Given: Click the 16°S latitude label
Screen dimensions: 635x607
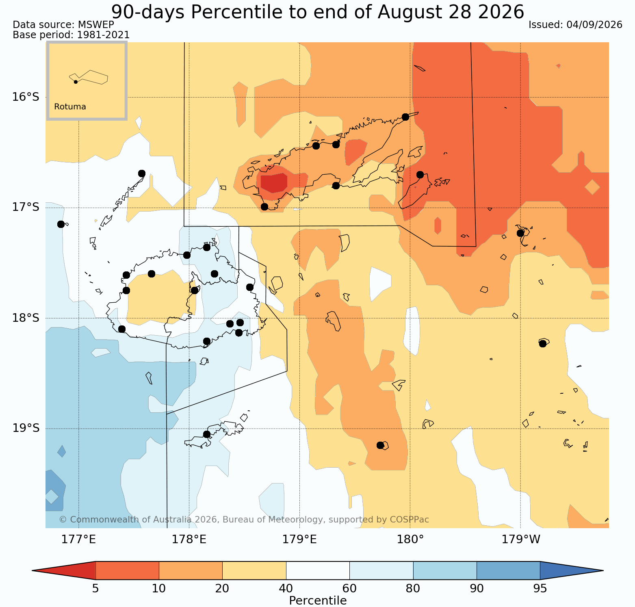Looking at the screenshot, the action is point(26,97).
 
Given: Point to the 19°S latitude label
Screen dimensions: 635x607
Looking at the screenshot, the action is point(26,428).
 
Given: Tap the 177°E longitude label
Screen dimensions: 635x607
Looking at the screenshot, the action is point(78,540).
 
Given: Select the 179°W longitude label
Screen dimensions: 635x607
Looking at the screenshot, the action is point(521,540).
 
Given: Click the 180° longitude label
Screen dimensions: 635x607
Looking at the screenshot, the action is point(410,540).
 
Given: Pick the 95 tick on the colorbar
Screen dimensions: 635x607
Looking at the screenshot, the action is point(540,589).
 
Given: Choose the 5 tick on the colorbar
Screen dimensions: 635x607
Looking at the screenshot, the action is point(95,589).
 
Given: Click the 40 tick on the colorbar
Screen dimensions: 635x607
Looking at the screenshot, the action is point(286,589).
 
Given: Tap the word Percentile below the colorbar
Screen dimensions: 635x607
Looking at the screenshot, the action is point(318,601).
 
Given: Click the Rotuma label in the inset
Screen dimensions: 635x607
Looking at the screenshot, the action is point(70,107).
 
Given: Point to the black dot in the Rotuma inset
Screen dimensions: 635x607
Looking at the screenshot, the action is point(76,82).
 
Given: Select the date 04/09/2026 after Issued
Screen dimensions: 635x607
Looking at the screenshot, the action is point(594,25).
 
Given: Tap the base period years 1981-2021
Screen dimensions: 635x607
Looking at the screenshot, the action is point(103,35).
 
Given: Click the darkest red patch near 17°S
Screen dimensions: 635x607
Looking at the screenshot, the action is point(274,182).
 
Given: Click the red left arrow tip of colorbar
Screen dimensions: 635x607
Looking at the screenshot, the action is point(33,570).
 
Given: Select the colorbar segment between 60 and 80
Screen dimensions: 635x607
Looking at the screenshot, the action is point(381,570).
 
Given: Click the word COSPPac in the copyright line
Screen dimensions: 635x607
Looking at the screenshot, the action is point(410,520).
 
